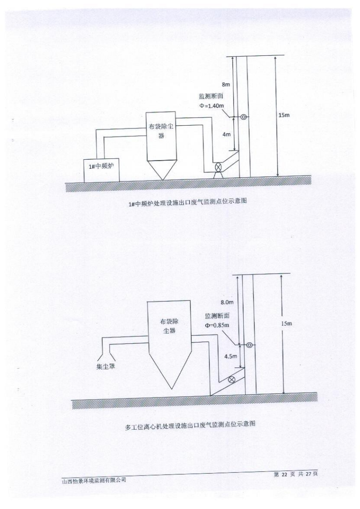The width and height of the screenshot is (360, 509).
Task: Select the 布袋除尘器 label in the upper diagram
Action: point(161,132)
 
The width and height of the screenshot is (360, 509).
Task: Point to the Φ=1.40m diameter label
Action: point(212,105)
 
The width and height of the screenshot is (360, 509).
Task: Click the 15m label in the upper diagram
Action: point(284,115)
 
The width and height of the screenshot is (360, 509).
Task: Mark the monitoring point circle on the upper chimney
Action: point(244,117)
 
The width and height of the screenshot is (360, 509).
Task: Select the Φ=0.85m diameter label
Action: point(217,325)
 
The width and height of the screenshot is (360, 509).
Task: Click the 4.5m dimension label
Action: point(231,357)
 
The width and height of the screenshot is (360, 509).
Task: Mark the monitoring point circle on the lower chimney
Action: point(249,345)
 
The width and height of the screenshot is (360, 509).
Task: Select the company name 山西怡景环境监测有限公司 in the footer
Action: point(94,480)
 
